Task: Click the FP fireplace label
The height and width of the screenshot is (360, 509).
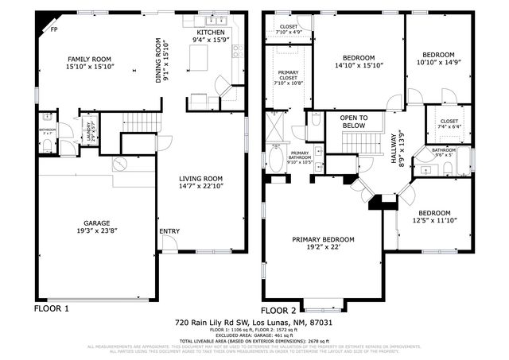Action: pyautogui.click(x=54, y=29)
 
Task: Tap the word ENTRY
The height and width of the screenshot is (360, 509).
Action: pyautogui.click(x=169, y=232)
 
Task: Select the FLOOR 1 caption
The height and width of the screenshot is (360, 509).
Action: pyautogui.click(x=51, y=308)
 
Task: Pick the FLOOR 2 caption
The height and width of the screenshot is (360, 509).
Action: pyautogui.click(x=278, y=309)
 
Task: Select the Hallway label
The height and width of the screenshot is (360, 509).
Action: pyautogui.click(x=395, y=147)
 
